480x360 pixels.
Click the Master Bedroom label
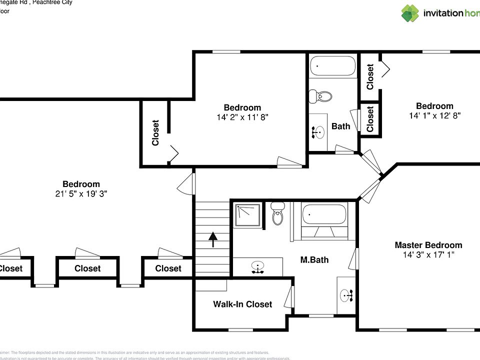point(428,245)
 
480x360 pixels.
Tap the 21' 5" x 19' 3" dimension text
point(81,193)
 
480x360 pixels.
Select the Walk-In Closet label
point(242,304)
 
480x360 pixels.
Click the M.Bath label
point(314,260)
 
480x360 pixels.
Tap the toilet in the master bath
point(278,214)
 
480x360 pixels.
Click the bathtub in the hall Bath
point(332,65)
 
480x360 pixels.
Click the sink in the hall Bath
point(318,132)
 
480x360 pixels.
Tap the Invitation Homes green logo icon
point(410,13)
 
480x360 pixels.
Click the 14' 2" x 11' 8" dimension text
point(242,117)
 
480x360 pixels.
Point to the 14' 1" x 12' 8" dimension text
point(434,115)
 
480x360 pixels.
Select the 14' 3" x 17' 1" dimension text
point(428,255)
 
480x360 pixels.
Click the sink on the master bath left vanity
point(257,267)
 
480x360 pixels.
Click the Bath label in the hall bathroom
point(341,126)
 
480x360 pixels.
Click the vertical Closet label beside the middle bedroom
point(155,132)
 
